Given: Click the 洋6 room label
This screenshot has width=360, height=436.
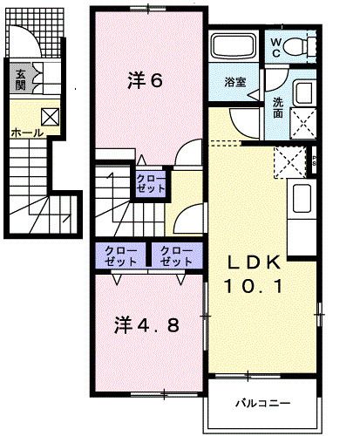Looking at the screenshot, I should pos(146,82).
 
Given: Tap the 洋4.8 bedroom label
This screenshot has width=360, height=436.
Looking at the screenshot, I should pos(147,326).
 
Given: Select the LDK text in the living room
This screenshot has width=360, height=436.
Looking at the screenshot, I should pos(255,262).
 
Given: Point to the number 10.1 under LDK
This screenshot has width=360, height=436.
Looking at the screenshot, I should pos(255,285).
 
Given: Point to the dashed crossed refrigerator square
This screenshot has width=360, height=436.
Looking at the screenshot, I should pos(286,162).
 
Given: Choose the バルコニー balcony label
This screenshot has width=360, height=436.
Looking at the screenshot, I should pos(262,403).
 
